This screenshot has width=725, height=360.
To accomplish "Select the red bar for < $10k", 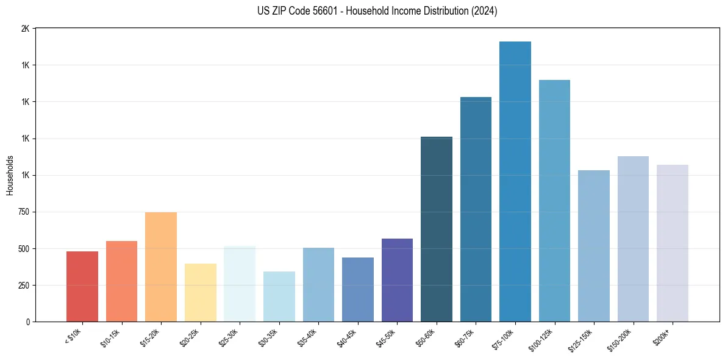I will point(82,286).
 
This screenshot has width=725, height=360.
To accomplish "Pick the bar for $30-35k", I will point(279,297).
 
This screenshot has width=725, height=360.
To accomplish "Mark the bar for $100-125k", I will point(554,201).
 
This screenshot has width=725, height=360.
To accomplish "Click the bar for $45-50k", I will point(397,280).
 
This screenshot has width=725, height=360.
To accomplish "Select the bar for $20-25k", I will point(200,292).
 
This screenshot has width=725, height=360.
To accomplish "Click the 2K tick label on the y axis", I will point(25,29).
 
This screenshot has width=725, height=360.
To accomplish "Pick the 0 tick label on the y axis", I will point(27,322).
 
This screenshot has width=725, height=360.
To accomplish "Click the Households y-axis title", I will point(10,175).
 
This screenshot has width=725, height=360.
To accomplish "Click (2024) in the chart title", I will point(484,11).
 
